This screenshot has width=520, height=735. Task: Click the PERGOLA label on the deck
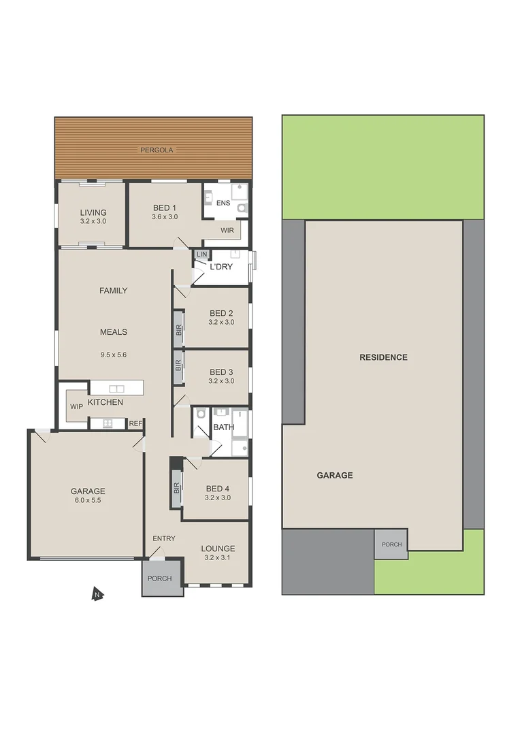point(157,150)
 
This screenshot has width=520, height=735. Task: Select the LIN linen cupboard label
point(201,255)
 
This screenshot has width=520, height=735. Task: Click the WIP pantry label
point(76,406)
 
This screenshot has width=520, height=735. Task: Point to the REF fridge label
point(135,423)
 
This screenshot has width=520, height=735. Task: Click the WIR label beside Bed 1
point(227,231)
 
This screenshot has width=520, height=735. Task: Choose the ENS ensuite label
point(223,203)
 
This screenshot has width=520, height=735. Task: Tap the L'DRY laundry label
point(221,267)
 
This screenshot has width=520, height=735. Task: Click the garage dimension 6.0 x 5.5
point(88,500)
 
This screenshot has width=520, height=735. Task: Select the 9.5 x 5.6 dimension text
point(114,354)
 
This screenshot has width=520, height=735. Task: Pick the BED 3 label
point(221,372)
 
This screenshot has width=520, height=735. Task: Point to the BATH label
point(223,427)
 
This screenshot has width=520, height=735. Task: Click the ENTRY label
point(164,538)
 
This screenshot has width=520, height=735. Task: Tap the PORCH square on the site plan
point(391,544)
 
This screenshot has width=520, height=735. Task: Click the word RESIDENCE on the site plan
point(383,357)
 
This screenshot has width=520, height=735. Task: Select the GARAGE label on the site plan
point(335,475)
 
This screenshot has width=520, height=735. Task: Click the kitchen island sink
point(116,389)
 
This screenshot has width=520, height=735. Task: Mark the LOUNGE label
point(218,549)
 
